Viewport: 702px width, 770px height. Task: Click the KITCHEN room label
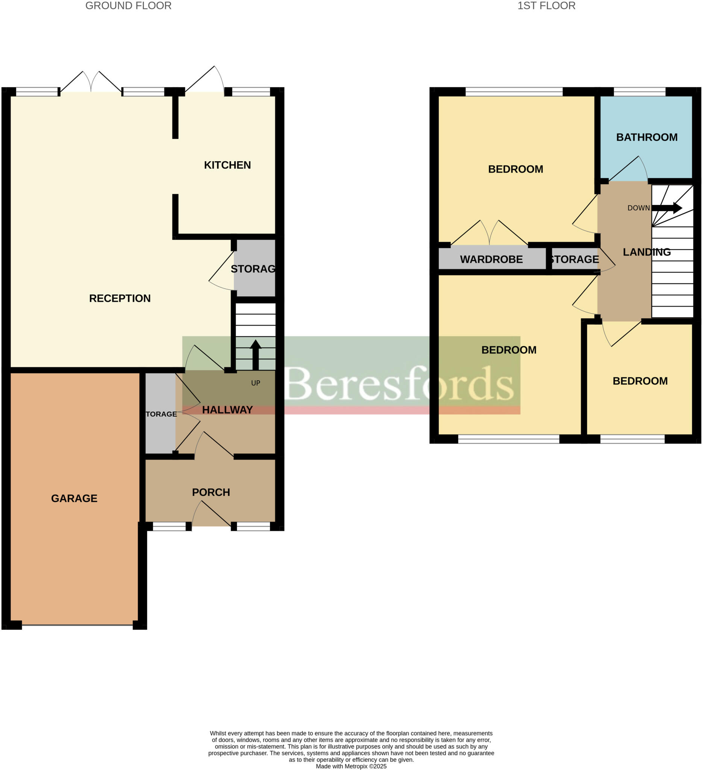[x=227, y=165]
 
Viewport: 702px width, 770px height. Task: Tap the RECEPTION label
[x=120, y=298]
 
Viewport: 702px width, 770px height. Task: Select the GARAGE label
[x=74, y=498]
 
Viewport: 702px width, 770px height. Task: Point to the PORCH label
[x=211, y=492]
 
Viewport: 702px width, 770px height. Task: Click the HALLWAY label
[x=227, y=410]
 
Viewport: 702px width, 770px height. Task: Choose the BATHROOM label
[x=647, y=137]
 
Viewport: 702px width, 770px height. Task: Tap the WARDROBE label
[x=491, y=259]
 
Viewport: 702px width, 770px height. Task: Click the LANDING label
[x=647, y=252]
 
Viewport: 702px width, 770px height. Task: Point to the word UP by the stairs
[x=256, y=383]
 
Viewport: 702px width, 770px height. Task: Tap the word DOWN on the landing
[x=638, y=208]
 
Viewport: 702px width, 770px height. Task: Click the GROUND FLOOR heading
[x=128, y=6]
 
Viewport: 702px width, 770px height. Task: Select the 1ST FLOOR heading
[x=546, y=6]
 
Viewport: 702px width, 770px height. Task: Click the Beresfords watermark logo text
[x=399, y=384]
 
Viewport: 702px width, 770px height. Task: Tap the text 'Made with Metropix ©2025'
[x=351, y=766]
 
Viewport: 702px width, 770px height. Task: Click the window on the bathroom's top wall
[x=639, y=92]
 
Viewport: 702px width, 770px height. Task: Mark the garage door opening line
[x=77, y=625]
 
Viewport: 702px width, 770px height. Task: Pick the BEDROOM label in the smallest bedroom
[x=640, y=381]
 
